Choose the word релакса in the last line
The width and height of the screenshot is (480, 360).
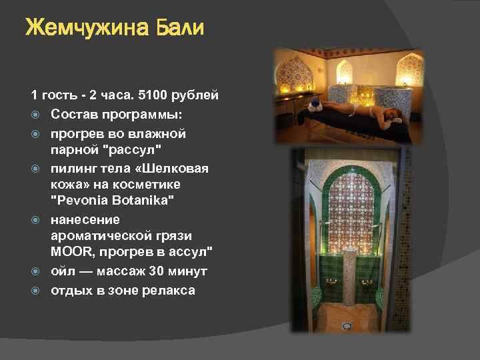coord(167,290)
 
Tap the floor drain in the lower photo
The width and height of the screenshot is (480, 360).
coord(347,326)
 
